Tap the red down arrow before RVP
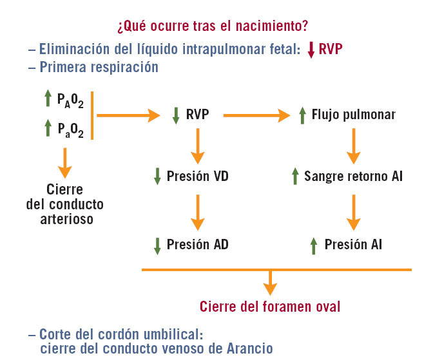tap(311, 50)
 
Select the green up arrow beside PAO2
tap(48, 99)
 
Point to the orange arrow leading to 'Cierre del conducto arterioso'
tap(64, 164)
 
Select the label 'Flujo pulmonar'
tap(353, 115)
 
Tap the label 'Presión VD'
tap(197, 176)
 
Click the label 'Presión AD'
tap(197, 244)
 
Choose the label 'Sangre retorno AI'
tap(353, 176)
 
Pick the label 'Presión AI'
tap(353, 244)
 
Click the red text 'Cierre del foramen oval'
tap(270, 306)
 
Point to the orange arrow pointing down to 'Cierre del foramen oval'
tap(271, 282)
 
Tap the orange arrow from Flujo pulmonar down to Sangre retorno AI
tap(353, 146)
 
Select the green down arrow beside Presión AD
tap(157, 245)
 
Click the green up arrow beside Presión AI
tap(314, 245)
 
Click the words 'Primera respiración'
tap(99, 66)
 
